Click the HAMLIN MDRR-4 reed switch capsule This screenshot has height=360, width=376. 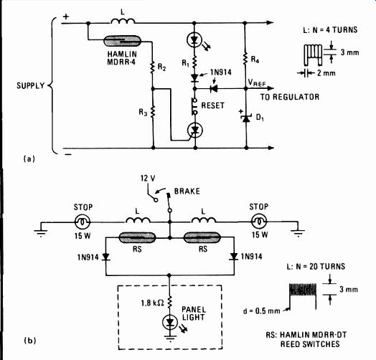122,41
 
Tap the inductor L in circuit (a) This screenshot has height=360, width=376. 123,21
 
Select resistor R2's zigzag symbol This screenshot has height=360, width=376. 152,67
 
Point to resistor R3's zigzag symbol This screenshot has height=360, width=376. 153,112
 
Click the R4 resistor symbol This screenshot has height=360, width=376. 245,59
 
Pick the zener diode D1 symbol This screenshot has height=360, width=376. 246,118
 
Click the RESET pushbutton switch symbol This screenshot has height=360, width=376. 194,106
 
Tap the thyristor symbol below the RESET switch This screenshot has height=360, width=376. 194,131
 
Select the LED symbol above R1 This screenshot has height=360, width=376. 194,40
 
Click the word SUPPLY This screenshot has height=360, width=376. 30,85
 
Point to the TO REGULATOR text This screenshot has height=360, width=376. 290,97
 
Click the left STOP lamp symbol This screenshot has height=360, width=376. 83,222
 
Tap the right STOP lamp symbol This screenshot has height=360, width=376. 259,222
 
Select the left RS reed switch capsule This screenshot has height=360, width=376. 137,238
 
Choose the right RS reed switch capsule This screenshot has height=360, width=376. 202,237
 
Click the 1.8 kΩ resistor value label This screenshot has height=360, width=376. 153,303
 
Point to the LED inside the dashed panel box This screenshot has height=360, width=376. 170,323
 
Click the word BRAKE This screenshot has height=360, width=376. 187,191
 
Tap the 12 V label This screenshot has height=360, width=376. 148,179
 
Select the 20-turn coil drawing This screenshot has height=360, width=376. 303,295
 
